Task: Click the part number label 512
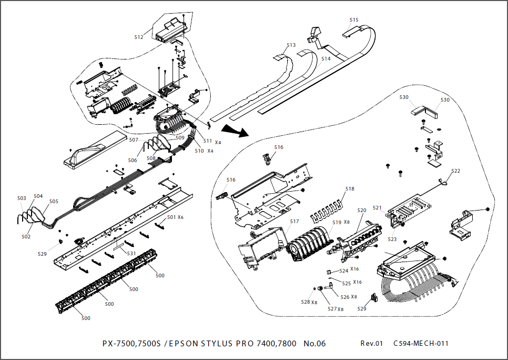(x=139, y=37)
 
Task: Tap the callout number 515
(x=354, y=20)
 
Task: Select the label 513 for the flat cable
(x=291, y=45)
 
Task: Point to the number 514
(x=326, y=59)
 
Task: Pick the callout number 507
(x=134, y=140)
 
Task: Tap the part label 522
(x=455, y=171)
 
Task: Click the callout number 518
(x=350, y=188)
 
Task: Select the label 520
(x=362, y=210)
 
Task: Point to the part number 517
(x=294, y=222)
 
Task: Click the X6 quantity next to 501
(x=180, y=217)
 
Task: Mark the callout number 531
(x=131, y=254)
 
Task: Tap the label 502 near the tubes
(x=26, y=237)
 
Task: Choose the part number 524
(x=343, y=271)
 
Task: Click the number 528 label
(x=305, y=302)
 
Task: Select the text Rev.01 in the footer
(x=372, y=344)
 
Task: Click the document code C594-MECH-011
(x=421, y=344)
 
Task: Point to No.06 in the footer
(x=314, y=344)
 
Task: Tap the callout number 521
(x=378, y=207)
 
